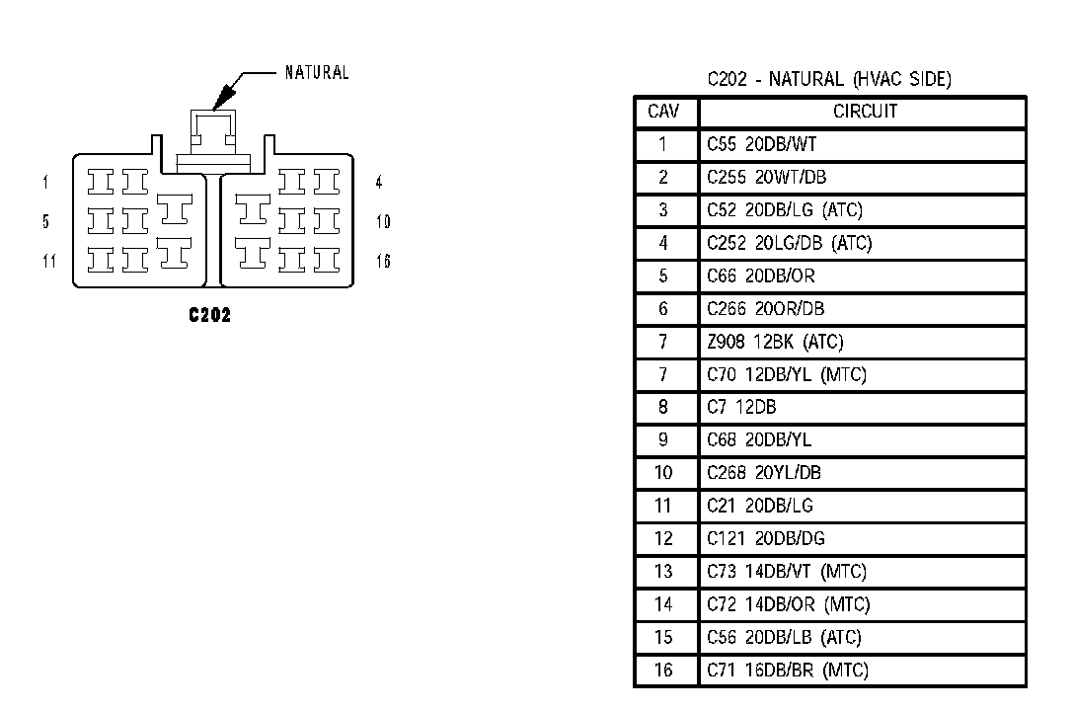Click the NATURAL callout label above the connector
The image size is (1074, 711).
click(317, 72)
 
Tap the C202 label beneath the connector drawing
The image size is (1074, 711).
click(210, 316)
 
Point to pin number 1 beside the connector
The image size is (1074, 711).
click(45, 182)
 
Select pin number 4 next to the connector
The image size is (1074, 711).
click(379, 182)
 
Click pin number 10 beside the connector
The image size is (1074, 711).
click(383, 221)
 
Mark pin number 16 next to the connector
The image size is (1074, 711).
click(383, 261)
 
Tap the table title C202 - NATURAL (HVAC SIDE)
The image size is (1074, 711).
click(829, 79)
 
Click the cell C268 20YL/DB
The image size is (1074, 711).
click(763, 473)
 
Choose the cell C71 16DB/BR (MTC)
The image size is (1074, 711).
click(787, 671)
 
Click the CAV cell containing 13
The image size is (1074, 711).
click(663, 572)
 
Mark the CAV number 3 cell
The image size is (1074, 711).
click(663, 210)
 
